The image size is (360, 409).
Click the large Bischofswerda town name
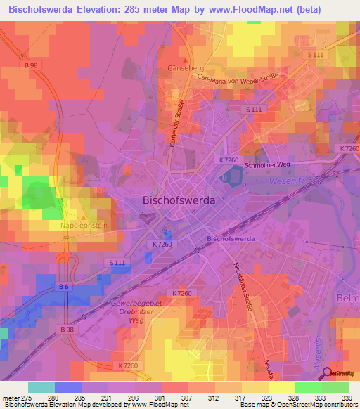[x=179, y=200]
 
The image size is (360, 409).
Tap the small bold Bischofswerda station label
[x=233, y=239]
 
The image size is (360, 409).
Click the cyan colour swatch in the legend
[x=41, y=387]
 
